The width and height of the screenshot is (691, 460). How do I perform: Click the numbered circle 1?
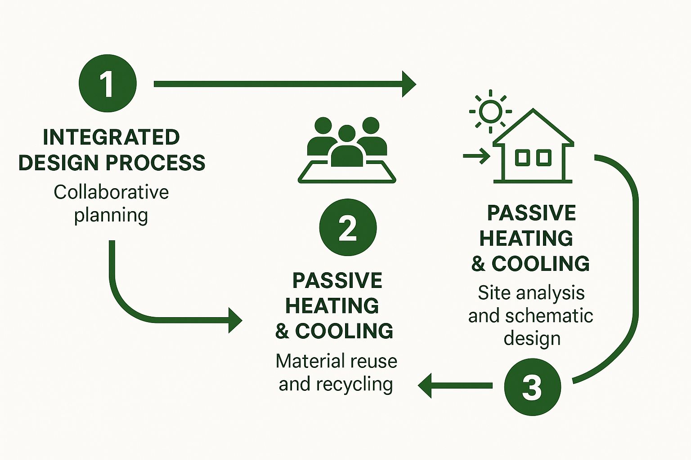click(x=108, y=84)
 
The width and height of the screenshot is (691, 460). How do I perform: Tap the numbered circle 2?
click(x=348, y=228)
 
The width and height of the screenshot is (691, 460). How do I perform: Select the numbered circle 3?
click(x=533, y=387)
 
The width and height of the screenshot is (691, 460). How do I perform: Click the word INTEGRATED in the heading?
click(x=111, y=137)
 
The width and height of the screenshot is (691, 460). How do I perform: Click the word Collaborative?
click(x=111, y=192)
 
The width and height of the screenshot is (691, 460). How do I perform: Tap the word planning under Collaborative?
click(x=111, y=216)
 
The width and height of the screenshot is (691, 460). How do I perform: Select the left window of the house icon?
click(x=522, y=158)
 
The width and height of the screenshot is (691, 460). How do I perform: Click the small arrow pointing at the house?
click(x=476, y=156)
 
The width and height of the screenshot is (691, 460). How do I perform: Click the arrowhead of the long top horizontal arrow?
click(x=408, y=84)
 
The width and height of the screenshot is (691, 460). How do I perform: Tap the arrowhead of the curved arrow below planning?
click(x=235, y=320)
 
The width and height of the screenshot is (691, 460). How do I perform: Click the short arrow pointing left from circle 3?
click(x=454, y=385)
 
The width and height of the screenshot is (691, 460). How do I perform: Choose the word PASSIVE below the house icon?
click(x=531, y=213)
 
